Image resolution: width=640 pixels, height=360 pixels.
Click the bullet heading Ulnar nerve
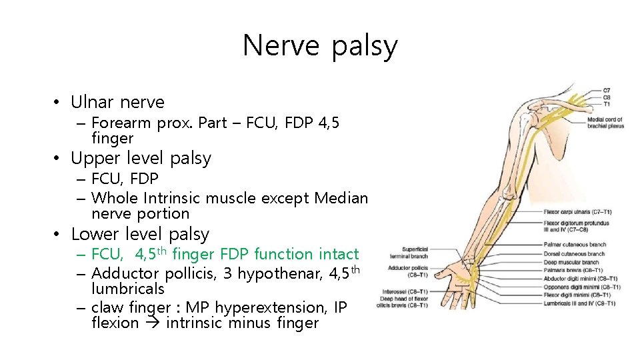(117, 102)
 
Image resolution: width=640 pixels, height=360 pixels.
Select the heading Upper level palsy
(141, 159)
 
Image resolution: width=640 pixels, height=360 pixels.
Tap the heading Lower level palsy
(140, 235)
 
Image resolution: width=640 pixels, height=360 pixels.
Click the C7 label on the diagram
(606, 91)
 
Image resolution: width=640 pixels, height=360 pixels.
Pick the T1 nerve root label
(606, 103)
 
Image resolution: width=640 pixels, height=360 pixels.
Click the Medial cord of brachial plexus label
(605, 123)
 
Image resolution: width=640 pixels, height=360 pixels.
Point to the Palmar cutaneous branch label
(575, 245)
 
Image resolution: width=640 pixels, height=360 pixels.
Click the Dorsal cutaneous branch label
(574, 254)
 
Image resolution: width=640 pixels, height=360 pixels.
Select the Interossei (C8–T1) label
(405, 291)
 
